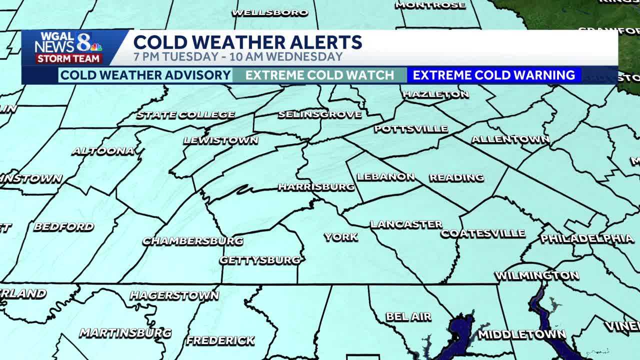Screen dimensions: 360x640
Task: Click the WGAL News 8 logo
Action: (68, 43)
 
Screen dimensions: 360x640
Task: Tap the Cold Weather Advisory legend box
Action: (145, 75)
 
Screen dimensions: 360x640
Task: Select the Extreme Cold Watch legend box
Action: (319, 75)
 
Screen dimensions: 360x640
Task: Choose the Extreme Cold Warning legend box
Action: (493, 75)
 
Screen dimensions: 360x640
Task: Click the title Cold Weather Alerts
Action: (247, 42)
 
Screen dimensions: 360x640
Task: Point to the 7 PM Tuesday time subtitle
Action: (238, 56)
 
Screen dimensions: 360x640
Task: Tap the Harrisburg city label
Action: (316, 187)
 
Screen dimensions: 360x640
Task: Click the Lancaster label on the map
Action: (406, 224)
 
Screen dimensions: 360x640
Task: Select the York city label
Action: (340, 237)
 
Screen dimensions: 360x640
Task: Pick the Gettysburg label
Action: (260, 260)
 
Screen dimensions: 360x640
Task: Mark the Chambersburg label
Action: (193, 241)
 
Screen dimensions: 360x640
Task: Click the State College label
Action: (185, 115)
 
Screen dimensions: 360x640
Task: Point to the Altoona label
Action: (103, 151)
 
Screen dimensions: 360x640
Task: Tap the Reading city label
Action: (456, 177)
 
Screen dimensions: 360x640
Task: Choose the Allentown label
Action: (510, 139)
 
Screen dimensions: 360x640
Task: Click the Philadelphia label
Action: (587, 238)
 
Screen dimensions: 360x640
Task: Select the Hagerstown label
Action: (174, 295)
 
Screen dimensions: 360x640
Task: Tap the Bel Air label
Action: (408, 317)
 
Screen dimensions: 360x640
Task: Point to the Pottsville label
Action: (410, 129)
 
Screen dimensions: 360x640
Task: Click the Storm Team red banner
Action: (69, 59)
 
